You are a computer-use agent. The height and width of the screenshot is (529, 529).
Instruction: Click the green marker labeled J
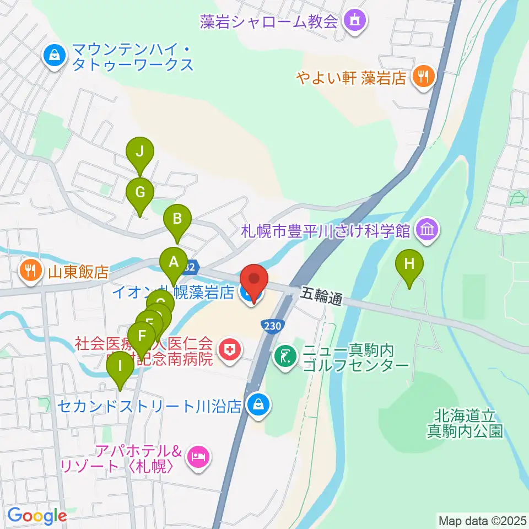click(x=140, y=152)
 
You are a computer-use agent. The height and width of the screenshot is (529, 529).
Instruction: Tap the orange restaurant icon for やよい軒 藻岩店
click(x=423, y=77)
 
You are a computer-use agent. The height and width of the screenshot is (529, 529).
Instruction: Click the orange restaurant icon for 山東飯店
click(x=29, y=270)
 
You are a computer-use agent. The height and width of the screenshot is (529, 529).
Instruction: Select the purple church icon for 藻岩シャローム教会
click(x=351, y=21)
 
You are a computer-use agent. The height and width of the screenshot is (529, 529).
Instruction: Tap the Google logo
click(x=37, y=516)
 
